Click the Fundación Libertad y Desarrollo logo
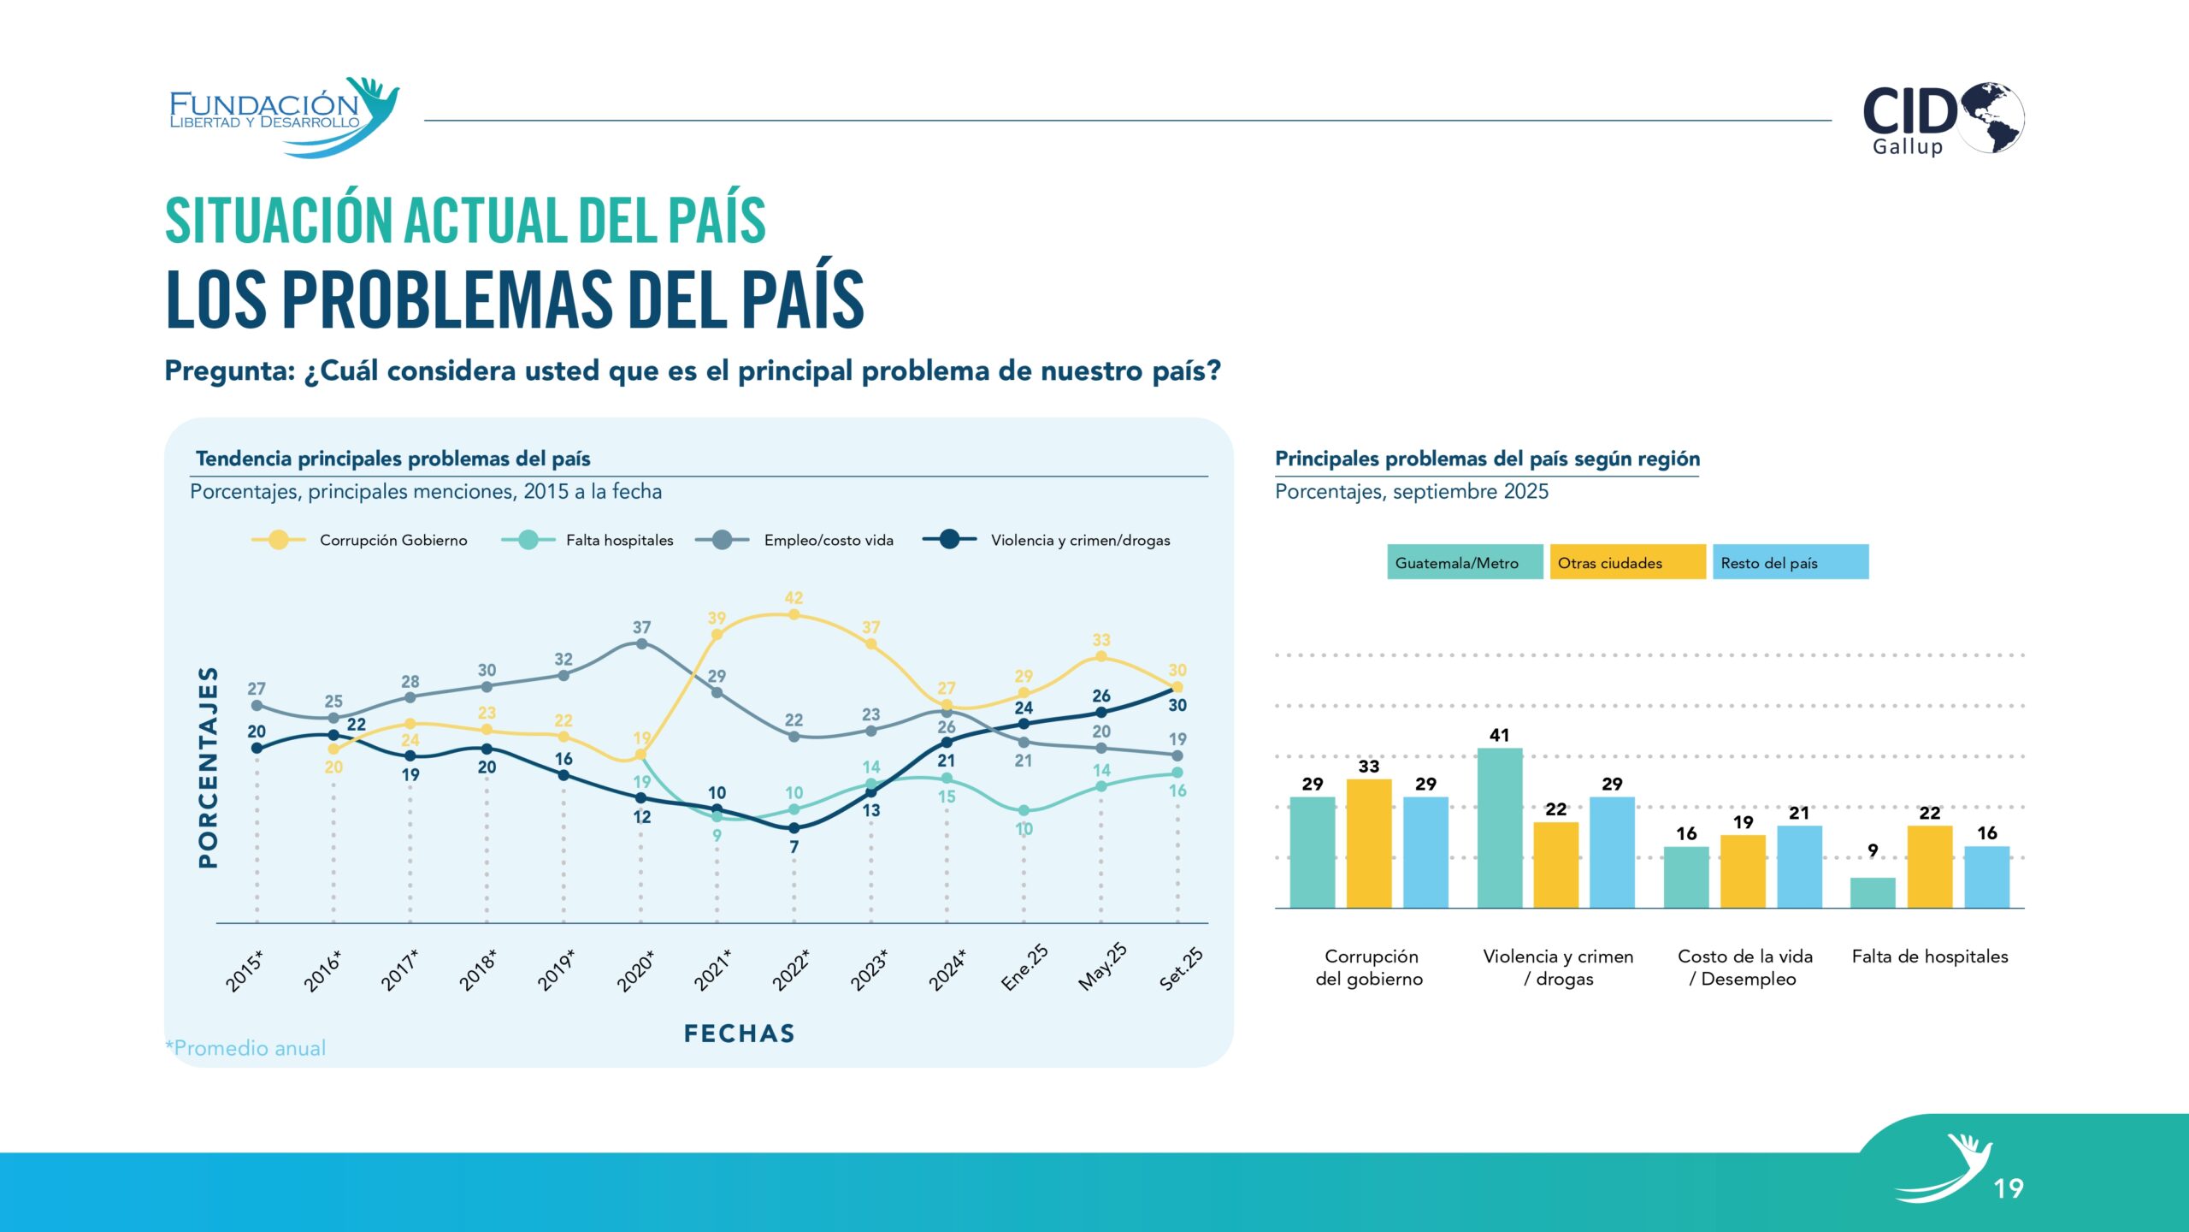tap(282, 116)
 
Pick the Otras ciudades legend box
tap(1626, 562)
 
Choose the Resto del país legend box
tap(1789, 562)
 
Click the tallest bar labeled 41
tap(1499, 826)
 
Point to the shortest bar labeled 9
tap(1872, 891)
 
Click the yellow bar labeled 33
tap(1368, 843)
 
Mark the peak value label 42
tap(794, 598)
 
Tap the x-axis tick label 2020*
tap(635, 971)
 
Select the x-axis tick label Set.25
tap(1181, 969)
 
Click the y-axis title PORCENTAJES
tap(209, 767)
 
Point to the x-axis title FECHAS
tap(739, 1034)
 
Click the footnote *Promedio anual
tap(246, 1048)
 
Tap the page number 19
tap(2008, 1188)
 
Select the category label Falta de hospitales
tap(1929, 957)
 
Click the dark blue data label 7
tap(794, 847)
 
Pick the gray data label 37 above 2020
tap(641, 627)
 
